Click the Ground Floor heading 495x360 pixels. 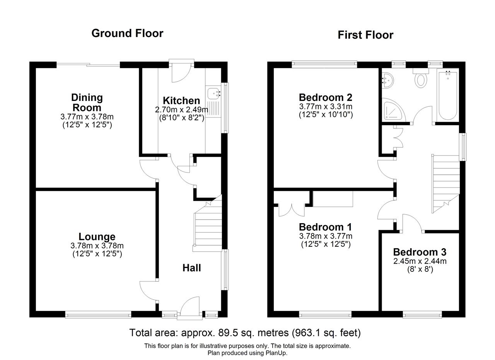pyautogui.click(x=127, y=33)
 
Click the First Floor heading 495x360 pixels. pyautogui.click(x=365, y=35)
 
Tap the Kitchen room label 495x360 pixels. pyautogui.click(x=181, y=101)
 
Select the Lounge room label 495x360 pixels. pyautogui.click(x=97, y=237)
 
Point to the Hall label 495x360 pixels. pyautogui.click(x=191, y=268)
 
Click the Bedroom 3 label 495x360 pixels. pyautogui.click(x=420, y=252)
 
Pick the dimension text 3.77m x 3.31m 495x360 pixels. pyautogui.click(x=326, y=106)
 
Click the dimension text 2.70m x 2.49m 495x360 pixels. pyautogui.click(x=181, y=109)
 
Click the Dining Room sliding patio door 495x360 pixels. pyautogui.click(x=89, y=65)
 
